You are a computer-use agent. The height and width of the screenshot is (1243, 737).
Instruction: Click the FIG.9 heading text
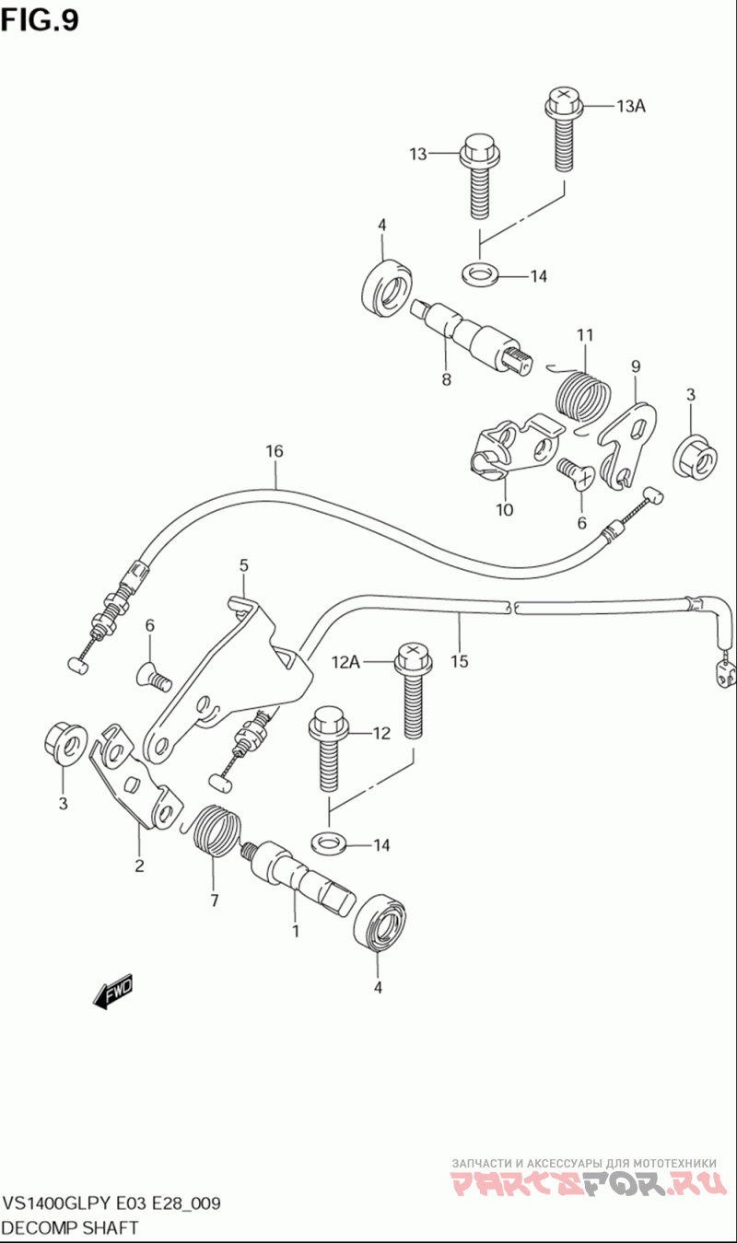coord(40,21)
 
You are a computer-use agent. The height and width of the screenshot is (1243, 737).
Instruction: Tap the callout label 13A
coord(630,106)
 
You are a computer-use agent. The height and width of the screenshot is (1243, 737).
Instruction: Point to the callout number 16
coord(275,451)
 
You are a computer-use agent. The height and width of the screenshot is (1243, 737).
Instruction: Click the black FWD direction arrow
coord(112,991)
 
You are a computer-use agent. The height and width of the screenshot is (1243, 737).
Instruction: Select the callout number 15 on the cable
coord(460,661)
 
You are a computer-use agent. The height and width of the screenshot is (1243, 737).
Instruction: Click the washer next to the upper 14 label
coord(479,273)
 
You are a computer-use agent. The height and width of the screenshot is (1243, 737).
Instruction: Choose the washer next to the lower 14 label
coord(329,843)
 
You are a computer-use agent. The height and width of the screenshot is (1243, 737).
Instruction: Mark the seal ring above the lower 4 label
coord(380,923)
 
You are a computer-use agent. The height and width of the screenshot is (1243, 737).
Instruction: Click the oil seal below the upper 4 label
coord(387,287)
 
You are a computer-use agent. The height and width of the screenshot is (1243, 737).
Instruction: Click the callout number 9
coord(636,366)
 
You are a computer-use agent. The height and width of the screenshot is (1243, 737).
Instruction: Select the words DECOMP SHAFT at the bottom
coord(70,1227)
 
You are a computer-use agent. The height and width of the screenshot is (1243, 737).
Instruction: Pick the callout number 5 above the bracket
coord(244,565)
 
